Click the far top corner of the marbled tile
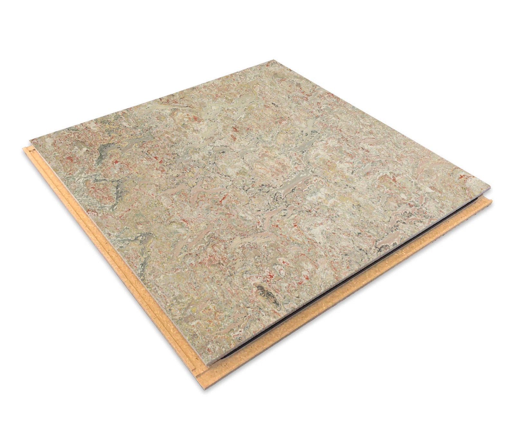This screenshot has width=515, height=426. point(274,60)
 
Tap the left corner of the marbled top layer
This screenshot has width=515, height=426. point(30,140)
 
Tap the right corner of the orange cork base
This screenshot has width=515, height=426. point(492,200)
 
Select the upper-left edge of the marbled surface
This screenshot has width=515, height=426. point(151,100)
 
